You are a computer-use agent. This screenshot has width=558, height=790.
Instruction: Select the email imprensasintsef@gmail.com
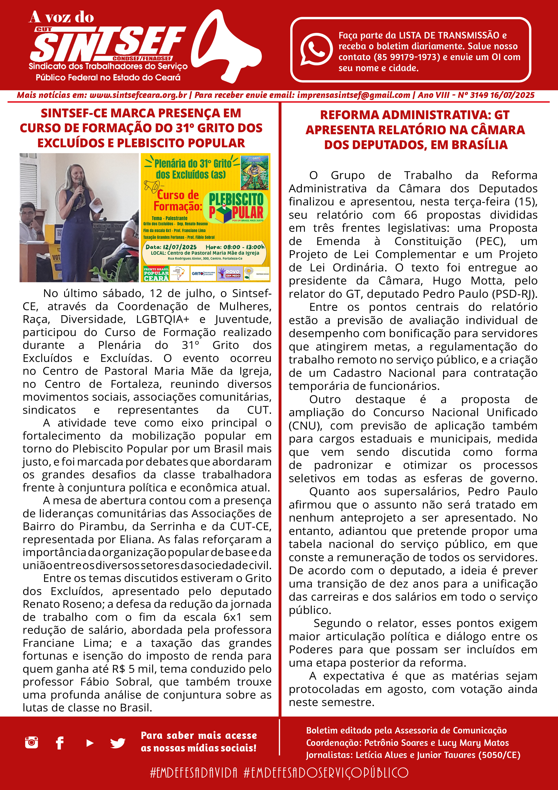(x=353, y=95)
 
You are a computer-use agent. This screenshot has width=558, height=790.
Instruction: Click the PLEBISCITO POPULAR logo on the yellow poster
(x=236, y=207)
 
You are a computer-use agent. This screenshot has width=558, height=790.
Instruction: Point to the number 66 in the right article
(x=410, y=215)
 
